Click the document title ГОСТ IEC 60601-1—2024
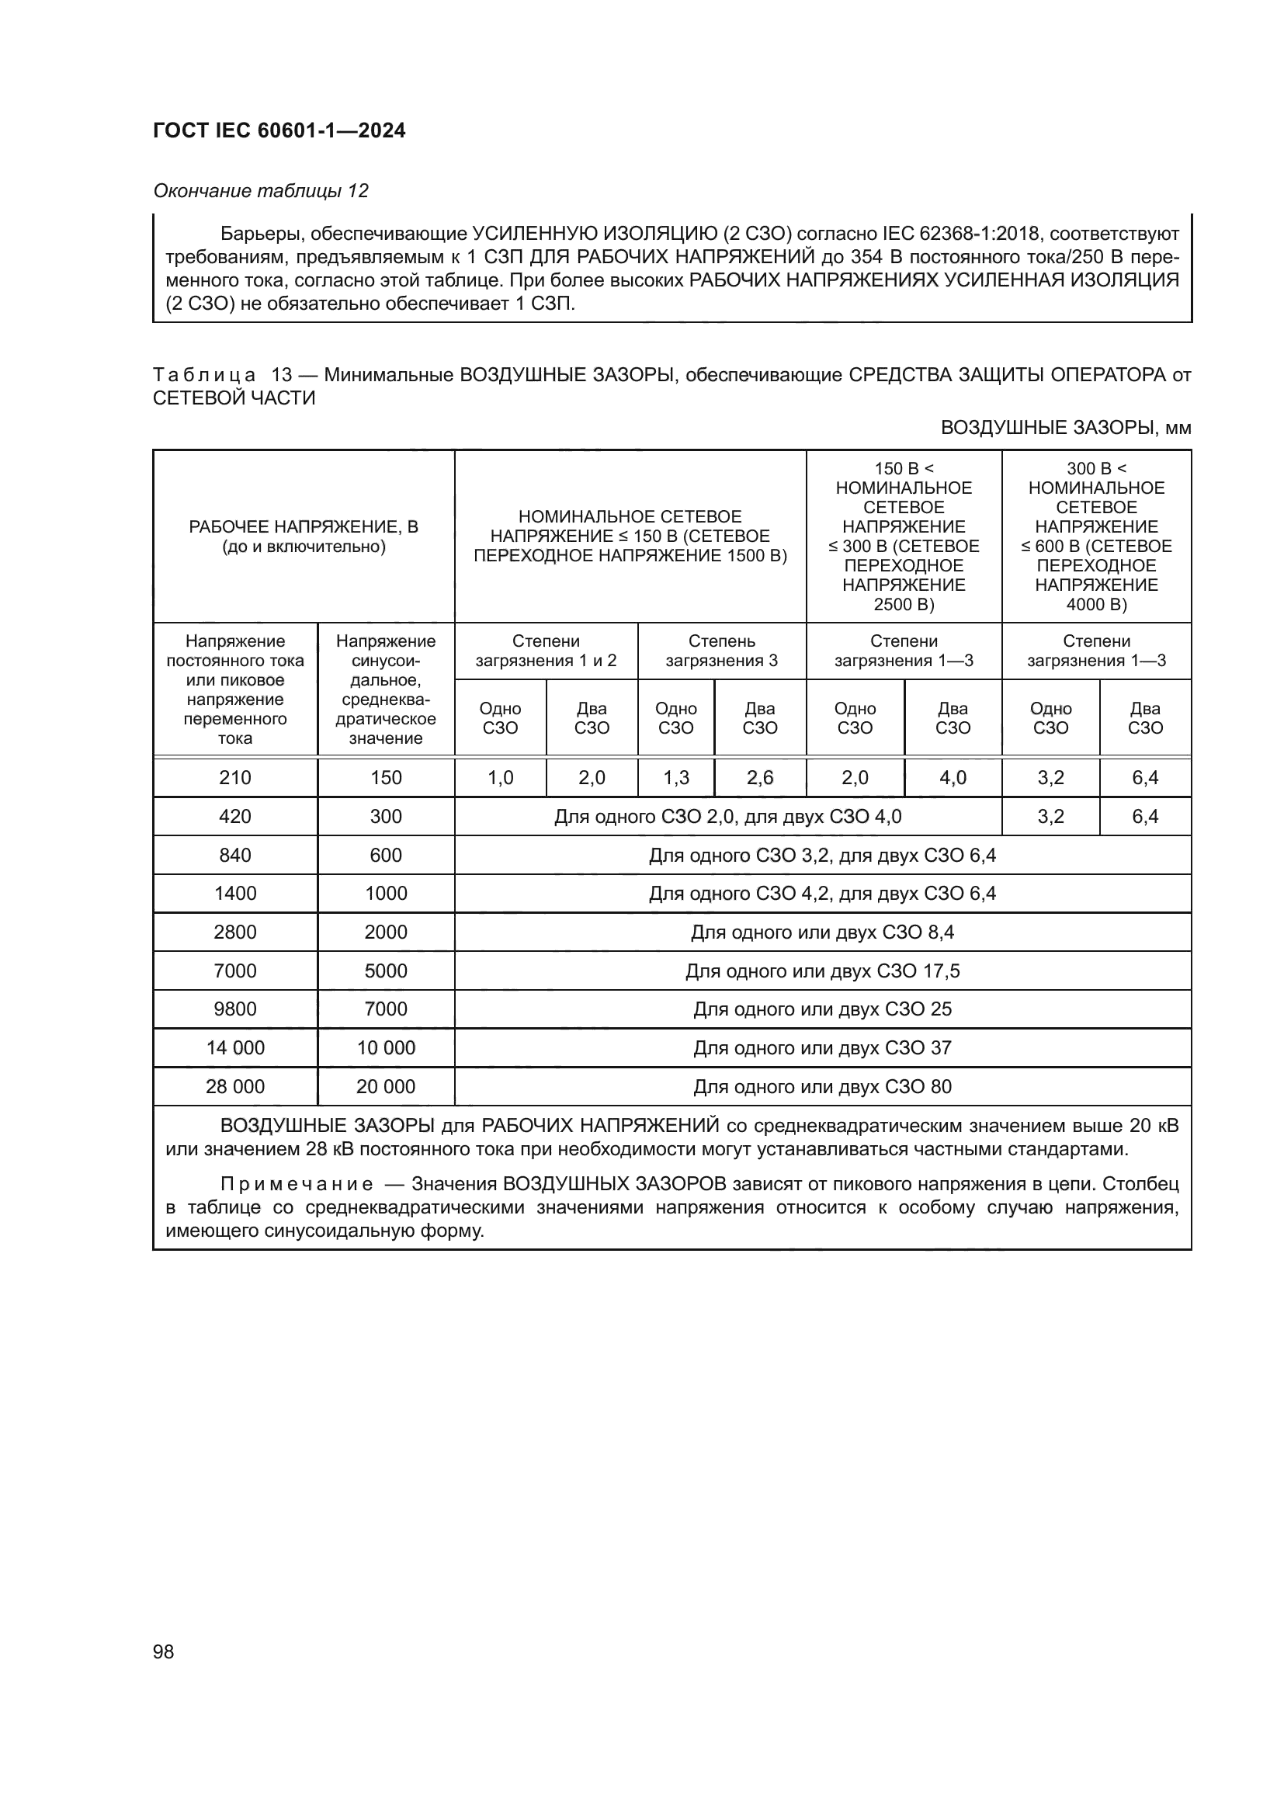279,130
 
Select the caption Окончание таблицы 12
261,191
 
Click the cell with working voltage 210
234,777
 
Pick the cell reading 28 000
234,1086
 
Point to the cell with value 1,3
675,777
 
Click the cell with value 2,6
760,777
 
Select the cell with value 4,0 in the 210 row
953,777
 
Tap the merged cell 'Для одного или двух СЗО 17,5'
822,971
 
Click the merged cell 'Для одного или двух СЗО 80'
822,1086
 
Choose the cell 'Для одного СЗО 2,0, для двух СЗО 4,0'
727,816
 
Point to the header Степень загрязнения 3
721,650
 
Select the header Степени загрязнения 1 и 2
546,650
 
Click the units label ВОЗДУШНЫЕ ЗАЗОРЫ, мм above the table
1066,428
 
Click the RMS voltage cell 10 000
386,1047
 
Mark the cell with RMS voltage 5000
386,971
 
